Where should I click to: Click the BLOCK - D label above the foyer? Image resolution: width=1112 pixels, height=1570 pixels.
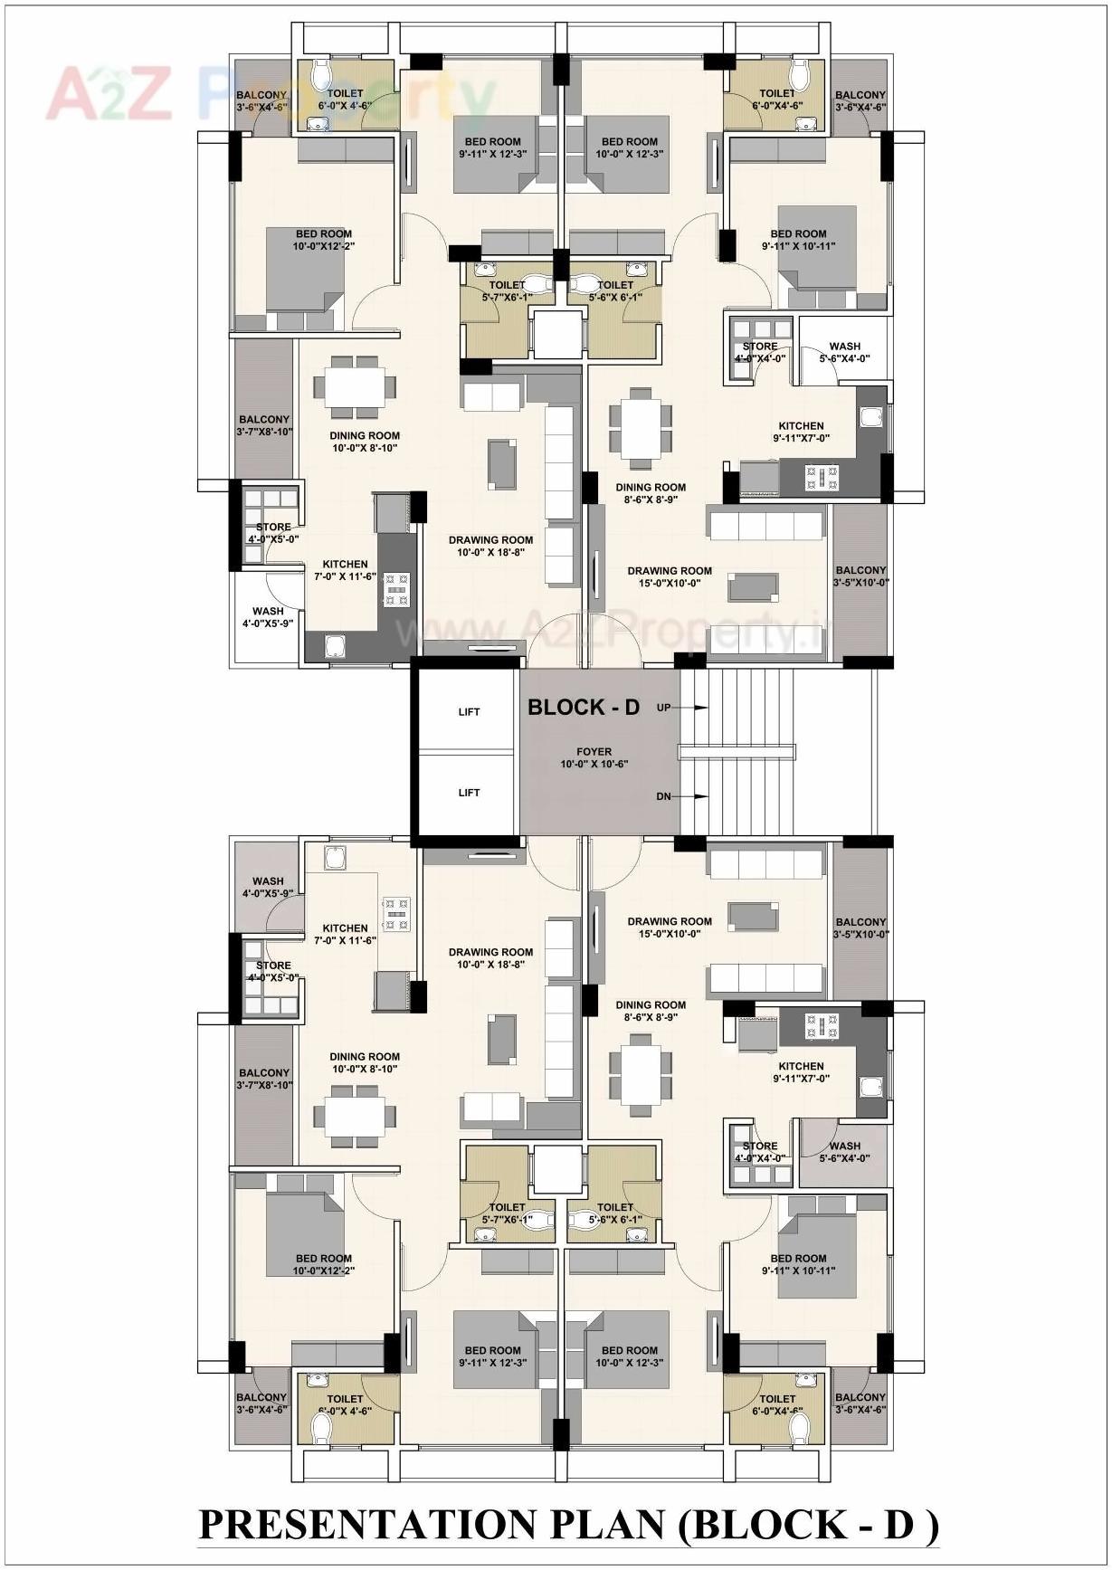click(x=584, y=708)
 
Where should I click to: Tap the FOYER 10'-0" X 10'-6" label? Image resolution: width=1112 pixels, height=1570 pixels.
click(x=594, y=757)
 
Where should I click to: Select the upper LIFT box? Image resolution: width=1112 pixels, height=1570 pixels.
click(x=469, y=712)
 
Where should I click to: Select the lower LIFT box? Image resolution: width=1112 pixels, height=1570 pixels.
click(x=469, y=793)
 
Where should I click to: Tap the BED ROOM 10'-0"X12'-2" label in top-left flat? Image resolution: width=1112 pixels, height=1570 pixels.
click(x=323, y=240)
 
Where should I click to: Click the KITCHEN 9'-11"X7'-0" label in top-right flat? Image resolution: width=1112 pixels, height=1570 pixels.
click(x=801, y=432)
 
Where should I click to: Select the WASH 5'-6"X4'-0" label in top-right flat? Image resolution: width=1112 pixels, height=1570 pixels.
click(x=844, y=352)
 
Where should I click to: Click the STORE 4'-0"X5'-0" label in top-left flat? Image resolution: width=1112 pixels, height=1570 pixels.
click(x=273, y=533)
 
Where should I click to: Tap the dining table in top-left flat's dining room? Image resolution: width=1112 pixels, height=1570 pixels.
click(x=355, y=388)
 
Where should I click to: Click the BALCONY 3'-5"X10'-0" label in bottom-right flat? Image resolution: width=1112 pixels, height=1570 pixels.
click(x=860, y=928)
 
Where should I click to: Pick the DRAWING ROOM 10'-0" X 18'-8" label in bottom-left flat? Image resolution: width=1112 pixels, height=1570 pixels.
click(x=490, y=957)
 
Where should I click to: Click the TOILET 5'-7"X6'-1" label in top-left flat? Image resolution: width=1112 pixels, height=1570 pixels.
click(x=507, y=290)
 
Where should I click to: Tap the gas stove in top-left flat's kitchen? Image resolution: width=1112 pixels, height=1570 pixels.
click(x=396, y=589)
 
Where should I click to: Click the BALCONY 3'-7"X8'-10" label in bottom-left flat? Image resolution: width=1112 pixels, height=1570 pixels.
click(x=264, y=1079)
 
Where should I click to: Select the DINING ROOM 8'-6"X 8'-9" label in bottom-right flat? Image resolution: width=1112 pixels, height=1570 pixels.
click(x=651, y=1011)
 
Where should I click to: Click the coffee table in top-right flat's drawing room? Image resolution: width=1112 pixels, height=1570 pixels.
click(x=754, y=586)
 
